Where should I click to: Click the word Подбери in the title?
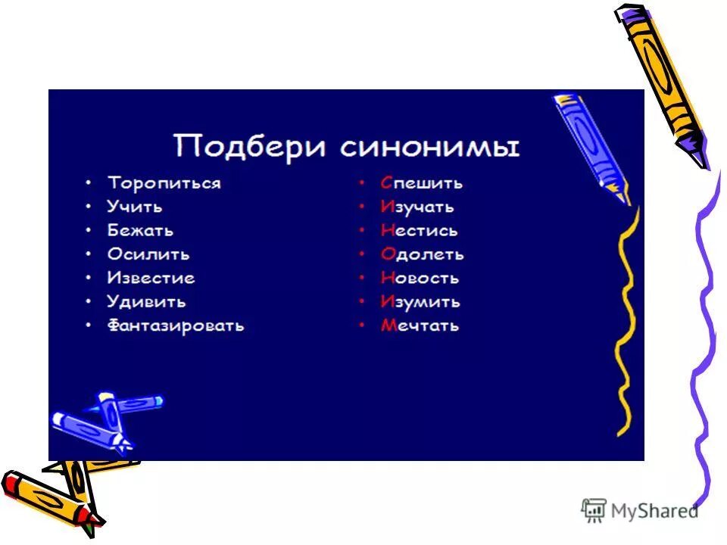[251, 145]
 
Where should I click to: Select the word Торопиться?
[164, 183]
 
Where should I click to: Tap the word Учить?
[135, 207]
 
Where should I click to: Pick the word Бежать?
[140, 230]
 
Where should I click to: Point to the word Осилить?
[148, 254]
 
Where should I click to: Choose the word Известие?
[151, 278]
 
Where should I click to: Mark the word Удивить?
[146, 302]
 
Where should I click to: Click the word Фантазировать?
[176, 326]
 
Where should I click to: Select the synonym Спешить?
[421, 183]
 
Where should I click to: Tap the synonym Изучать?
[417, 207]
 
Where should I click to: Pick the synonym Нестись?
[419, 230]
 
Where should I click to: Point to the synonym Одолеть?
[422, 254]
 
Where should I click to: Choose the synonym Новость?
[420, 278]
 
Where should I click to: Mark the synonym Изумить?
[420, 302]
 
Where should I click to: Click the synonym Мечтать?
[420, 326]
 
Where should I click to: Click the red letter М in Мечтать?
[388, 326]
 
